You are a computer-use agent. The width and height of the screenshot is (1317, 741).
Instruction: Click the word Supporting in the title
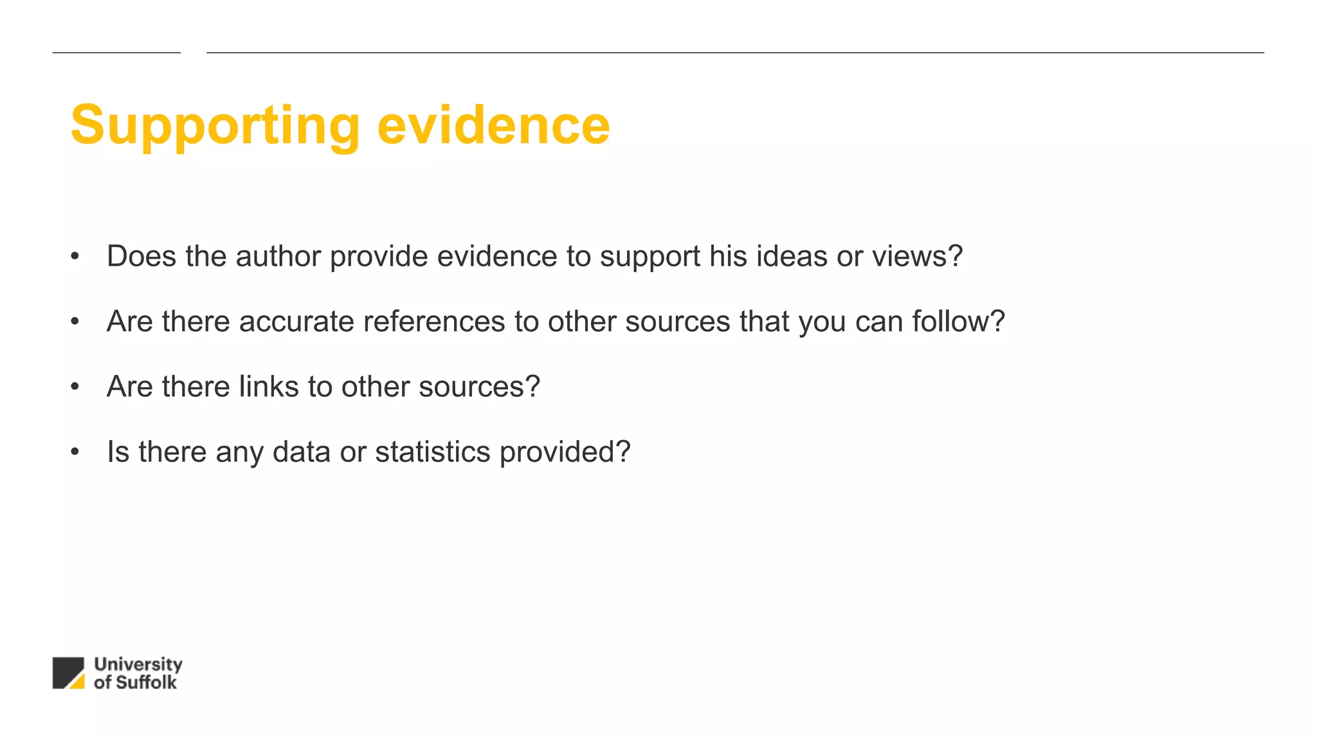click(215, 126)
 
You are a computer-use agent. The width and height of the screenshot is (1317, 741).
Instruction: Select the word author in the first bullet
click(278, 256)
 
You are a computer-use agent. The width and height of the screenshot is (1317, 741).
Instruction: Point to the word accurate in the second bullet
click(296, 321)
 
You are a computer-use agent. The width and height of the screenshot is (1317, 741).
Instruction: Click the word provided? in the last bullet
click(565, 452)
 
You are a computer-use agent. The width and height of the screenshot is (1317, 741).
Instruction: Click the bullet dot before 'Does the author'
click(75, 256)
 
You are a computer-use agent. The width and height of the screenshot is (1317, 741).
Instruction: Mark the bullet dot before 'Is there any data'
click(75, 452)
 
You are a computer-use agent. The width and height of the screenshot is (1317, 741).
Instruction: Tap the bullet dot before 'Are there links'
click(75, 387)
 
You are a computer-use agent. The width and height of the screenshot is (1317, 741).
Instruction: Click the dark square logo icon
click(64, 669)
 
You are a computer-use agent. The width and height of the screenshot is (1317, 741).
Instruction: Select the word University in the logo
click(138, 664)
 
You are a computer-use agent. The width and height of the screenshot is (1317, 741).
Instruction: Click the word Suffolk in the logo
click(145, 682)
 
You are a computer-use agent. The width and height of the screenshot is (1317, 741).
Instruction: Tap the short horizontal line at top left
click(116, 53)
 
